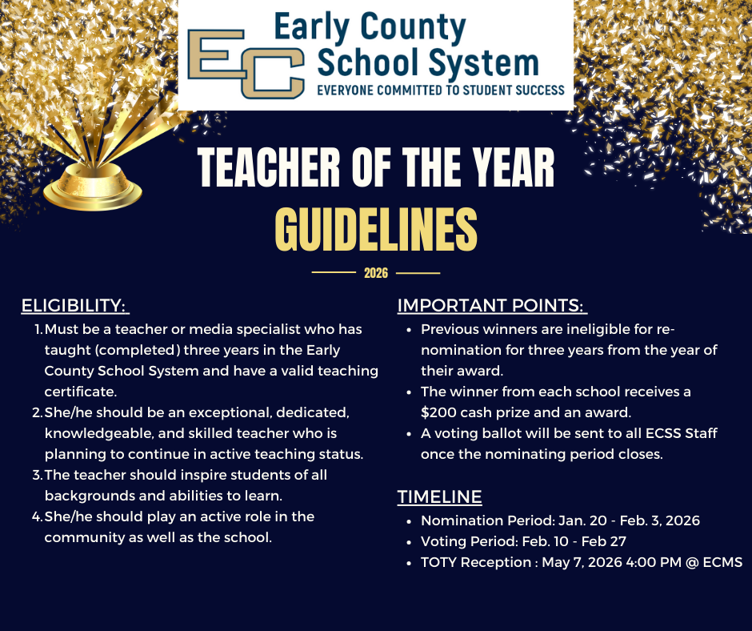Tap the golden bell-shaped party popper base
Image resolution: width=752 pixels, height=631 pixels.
93,185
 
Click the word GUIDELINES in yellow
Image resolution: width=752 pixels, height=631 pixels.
376,229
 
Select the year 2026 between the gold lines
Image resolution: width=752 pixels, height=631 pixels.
376,273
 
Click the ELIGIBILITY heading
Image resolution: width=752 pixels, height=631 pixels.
74,306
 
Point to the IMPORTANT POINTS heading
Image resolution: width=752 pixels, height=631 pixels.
491,306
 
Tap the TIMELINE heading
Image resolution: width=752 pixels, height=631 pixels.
439,497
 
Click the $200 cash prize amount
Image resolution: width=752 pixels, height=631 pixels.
439,413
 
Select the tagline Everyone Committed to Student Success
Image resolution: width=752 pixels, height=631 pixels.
441,90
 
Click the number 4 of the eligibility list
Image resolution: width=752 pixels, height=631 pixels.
37,516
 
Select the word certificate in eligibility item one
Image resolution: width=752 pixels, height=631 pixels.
81,392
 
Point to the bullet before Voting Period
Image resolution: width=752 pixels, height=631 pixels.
409,542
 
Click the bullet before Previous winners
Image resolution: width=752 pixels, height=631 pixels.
409,330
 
